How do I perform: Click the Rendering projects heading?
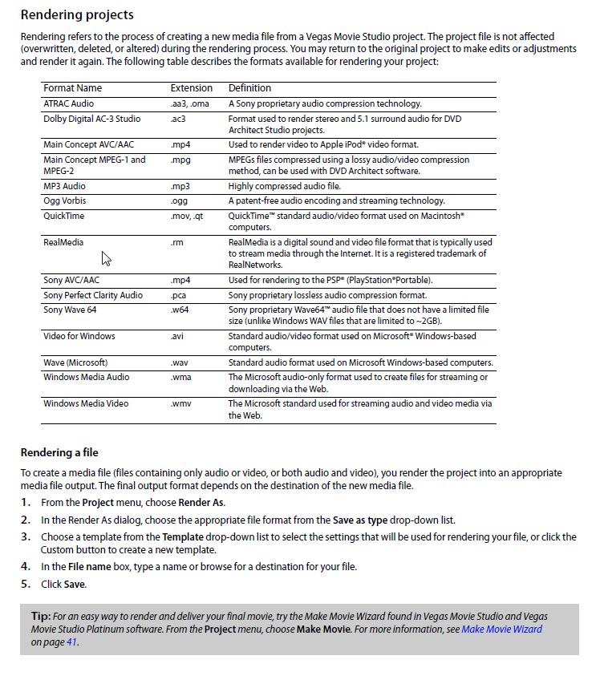click(77, 14)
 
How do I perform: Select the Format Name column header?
click(72, 88)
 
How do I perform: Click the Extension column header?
click(192, 88)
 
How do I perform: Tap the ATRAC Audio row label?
click(68, 103)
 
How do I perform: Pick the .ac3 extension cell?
click(178, 119)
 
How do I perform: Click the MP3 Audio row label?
click(64, 186)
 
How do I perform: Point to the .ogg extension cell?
click(179, 200)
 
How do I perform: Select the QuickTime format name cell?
click(63, 216)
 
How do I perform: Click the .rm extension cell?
click(177, 242)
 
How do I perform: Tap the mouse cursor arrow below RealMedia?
click(105, 257)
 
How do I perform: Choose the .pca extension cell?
click(179, 295)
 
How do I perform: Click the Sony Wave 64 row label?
click(70, 310)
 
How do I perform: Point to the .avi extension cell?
click(177, 336)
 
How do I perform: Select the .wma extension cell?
click(180, 377)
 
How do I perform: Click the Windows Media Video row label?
click(86, 403)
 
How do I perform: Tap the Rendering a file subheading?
click(59, 452)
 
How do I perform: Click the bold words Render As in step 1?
click(201, 503)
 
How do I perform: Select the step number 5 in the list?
click(25, 584)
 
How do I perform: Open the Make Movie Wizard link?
click(501, 629)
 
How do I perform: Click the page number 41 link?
click(71, 642)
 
